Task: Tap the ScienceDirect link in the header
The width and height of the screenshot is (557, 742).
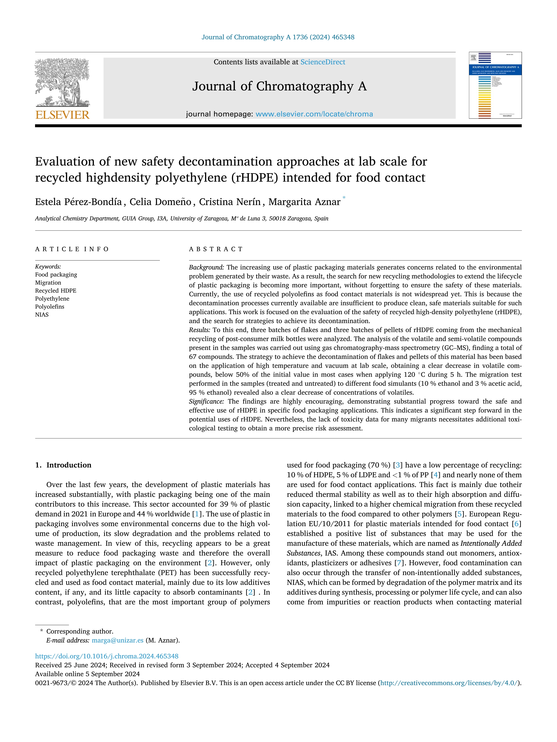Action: click(x=323, y=62)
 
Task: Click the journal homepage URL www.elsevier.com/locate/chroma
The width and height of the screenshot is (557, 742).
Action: click(x=314, y=114)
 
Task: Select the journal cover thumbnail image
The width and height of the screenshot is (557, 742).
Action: click(x=495, y=85)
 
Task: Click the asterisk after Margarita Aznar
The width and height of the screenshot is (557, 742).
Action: click(x=344, y=198)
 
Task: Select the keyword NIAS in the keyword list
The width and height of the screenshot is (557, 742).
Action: click(x=42, y=315)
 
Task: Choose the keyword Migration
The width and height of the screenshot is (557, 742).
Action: click(x=48, y=282)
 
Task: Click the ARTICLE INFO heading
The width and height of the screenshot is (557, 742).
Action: click(x=72, y=249)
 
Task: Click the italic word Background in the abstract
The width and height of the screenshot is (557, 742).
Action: click(x=206, y=267)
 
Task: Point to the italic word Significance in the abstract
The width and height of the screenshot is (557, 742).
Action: click(x=206, y=402)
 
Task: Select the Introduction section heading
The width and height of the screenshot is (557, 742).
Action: click(x=69, y=465)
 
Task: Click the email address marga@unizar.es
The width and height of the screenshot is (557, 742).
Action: click(x=117, y=640)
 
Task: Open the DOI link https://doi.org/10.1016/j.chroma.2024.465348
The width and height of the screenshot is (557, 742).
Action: click(x=107, y=656)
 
